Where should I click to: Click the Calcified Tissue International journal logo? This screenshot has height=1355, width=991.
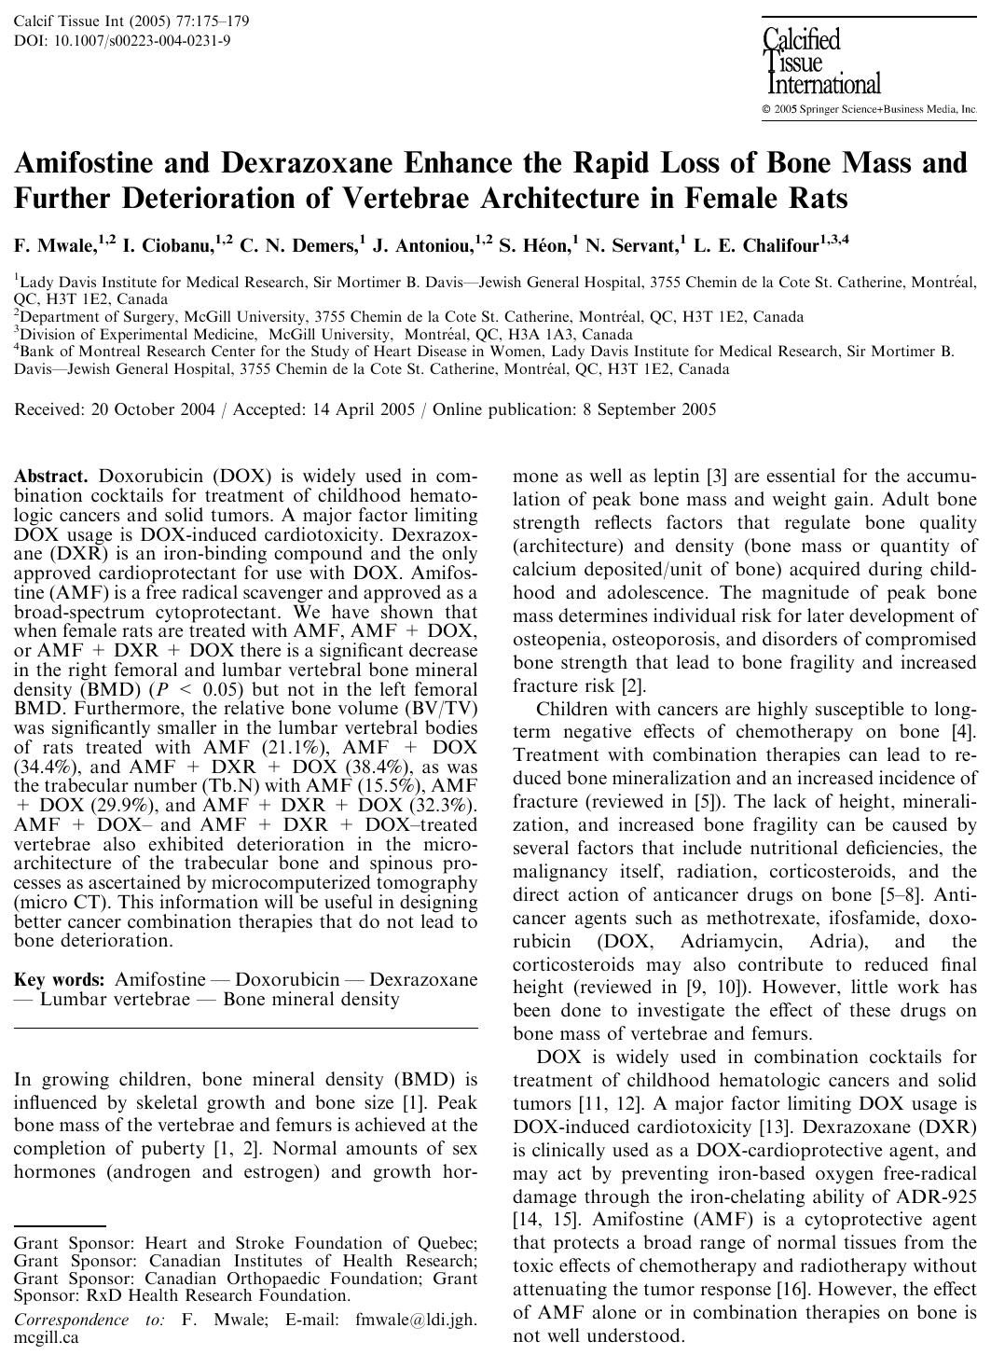821,62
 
